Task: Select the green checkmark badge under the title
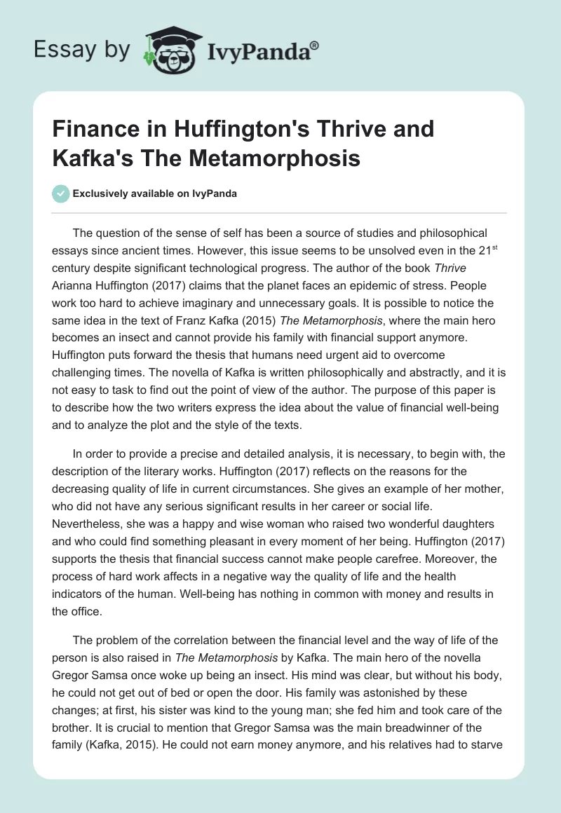tap(61, 193)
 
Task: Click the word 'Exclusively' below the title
tap(100, 193)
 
